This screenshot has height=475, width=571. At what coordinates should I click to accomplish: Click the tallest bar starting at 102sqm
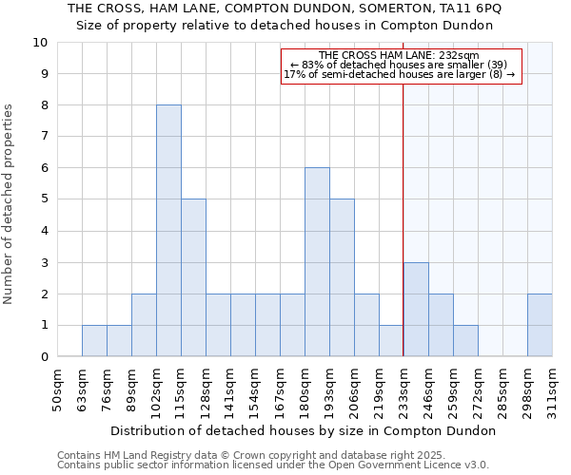point(168,231)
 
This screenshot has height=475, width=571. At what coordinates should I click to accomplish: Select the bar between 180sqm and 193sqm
point(317,262)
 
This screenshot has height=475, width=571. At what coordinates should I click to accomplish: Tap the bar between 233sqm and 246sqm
point(416,310)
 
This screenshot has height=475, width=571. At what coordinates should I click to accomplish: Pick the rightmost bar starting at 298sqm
point(540,325)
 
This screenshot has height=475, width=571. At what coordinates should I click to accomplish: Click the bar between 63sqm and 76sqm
point(94,341)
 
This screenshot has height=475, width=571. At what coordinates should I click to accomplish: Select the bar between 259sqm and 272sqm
point(465,341)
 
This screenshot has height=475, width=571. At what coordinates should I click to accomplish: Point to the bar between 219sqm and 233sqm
point(391,341)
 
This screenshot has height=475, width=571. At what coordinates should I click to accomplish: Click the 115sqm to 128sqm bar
point(193,277)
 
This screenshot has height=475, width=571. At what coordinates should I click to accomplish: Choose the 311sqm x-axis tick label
point(553,389)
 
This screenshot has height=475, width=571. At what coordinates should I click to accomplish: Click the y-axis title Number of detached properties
point(10,204)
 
